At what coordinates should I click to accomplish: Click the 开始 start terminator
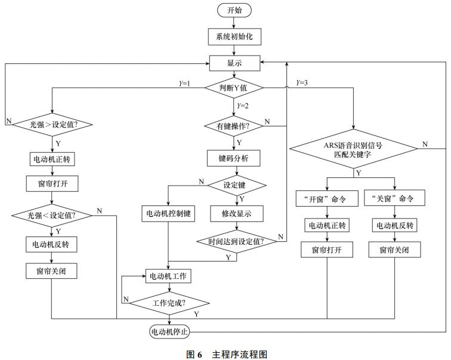234,11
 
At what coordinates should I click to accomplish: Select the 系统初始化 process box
234,36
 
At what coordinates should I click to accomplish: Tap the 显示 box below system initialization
234,62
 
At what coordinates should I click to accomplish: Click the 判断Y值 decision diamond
234,88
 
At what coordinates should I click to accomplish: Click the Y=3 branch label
301,82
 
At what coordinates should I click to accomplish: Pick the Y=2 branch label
243,105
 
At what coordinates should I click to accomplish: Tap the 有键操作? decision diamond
234,125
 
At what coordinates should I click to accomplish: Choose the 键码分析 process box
234,158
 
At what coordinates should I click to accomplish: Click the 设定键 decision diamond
234,184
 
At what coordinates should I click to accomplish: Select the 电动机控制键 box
168,214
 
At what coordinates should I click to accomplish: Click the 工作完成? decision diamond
169,303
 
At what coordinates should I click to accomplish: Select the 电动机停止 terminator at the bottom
169,330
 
